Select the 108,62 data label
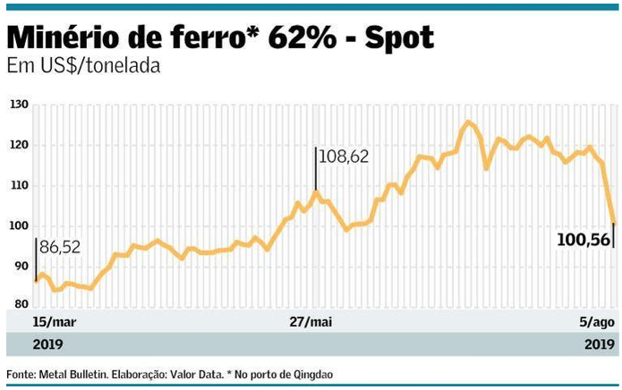coord(345,157)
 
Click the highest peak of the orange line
coord(467,122)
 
